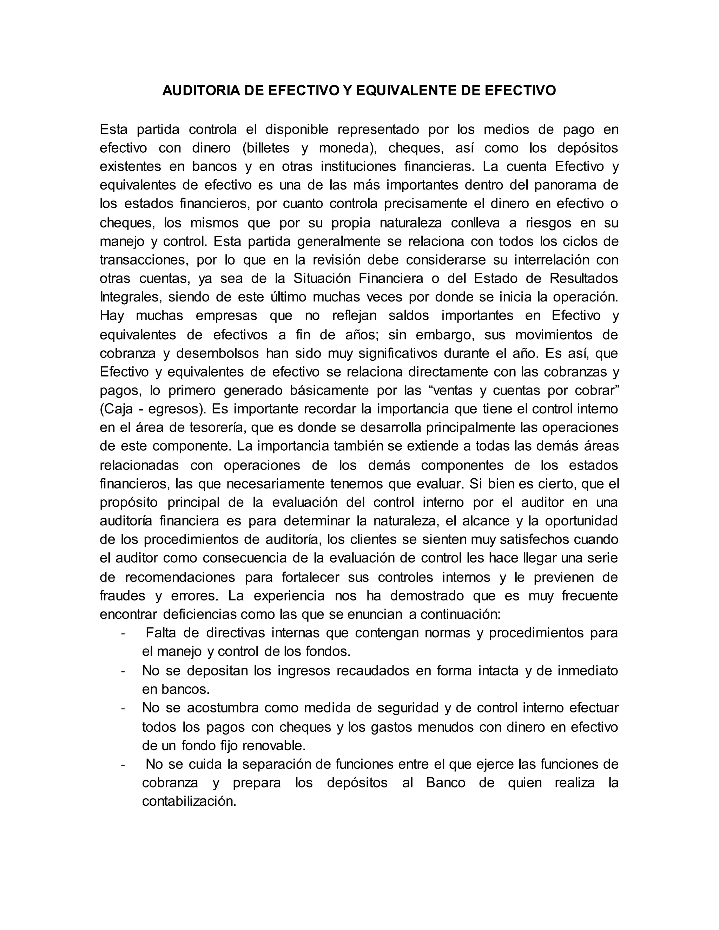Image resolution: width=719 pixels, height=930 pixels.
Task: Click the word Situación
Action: coord(322,279)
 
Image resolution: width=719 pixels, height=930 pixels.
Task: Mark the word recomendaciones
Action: coord(180,577)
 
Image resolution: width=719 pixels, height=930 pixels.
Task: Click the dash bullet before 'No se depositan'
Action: coord(123,671)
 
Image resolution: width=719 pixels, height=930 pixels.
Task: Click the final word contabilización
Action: coord(189,802)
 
